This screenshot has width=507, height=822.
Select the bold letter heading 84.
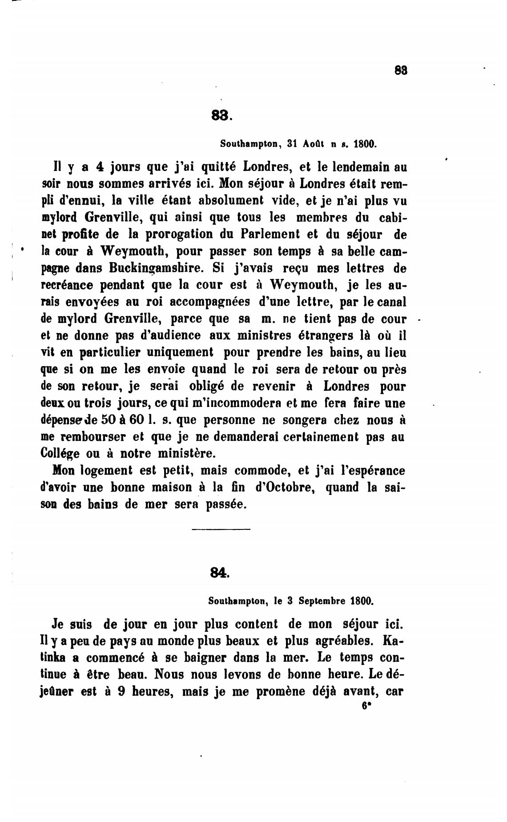(x=220, y=573)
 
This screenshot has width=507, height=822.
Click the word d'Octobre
(x=286, y=487)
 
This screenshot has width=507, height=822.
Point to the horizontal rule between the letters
(x=221, y=529)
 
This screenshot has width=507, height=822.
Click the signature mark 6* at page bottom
(x=366, y=706)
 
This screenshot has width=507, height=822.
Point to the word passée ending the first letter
(x=226, y=504)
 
